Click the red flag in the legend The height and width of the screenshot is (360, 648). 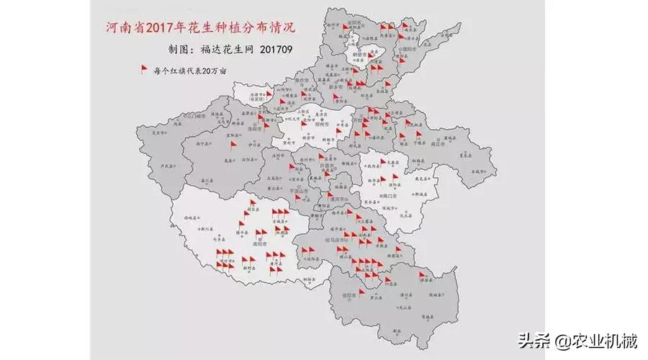(x=143, y=70)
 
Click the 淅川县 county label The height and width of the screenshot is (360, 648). (x=204, y=229)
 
